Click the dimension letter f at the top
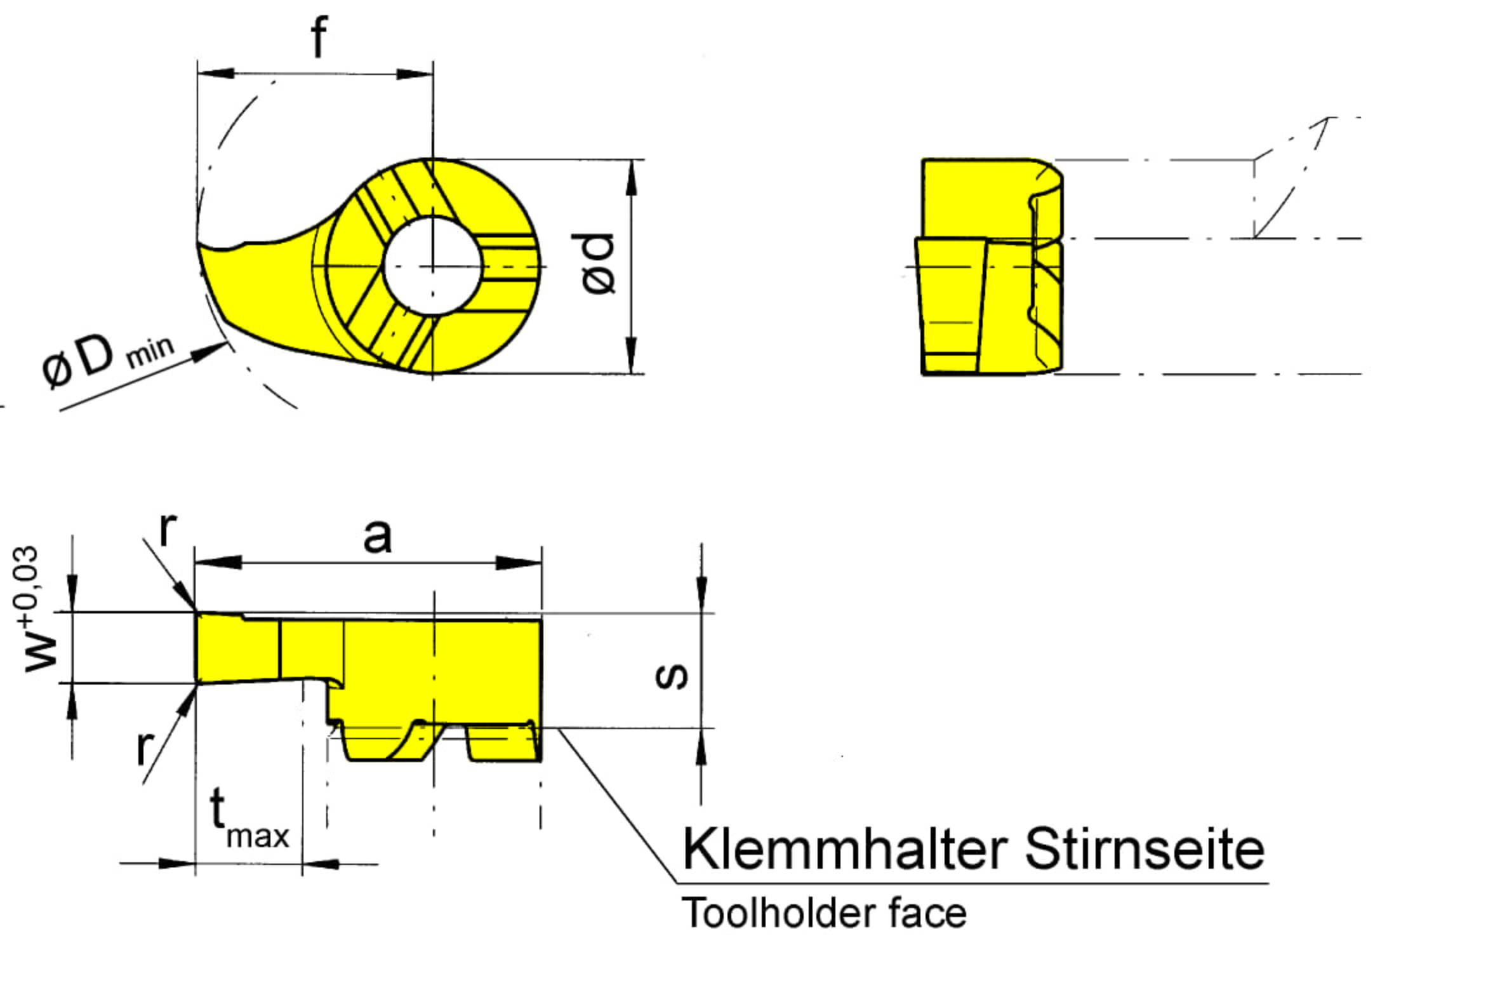pyautogui.click(x=319, y=37)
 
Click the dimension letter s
pyautogui.click(x=671, y=676)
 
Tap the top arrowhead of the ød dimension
pyautogui.click(x=631, y=177)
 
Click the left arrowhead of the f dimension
pyautogui.click(x=215, y=74)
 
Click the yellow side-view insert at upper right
pyautogui.click(x=989, y=267)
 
